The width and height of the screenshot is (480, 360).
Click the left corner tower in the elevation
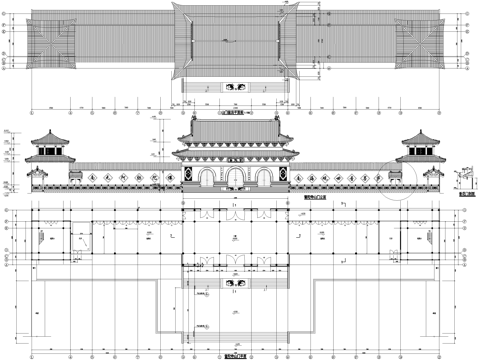[50, 150]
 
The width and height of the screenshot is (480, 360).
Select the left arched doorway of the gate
[205, 179]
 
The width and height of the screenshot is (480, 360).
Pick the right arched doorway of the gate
[263, 179]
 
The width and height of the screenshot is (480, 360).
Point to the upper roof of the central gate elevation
[234, 132]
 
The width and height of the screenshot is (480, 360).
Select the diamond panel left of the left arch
[185, 178]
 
